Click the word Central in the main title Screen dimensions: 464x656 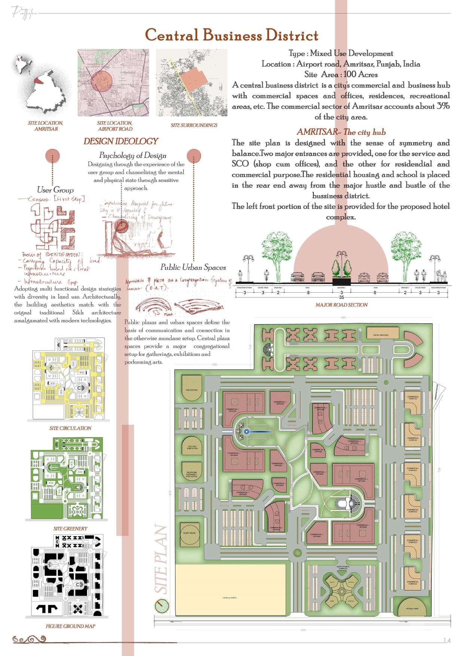171,36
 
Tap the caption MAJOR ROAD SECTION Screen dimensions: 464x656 341,305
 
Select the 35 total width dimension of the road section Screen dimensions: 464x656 341,297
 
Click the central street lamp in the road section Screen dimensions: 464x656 341,262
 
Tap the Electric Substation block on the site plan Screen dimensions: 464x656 192,447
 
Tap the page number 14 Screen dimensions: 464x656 446,641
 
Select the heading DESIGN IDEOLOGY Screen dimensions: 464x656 120,141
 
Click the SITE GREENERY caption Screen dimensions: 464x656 70,528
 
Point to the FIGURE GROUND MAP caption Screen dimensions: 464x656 70,626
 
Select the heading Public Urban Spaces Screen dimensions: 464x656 193,267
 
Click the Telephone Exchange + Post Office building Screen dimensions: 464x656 192,476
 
